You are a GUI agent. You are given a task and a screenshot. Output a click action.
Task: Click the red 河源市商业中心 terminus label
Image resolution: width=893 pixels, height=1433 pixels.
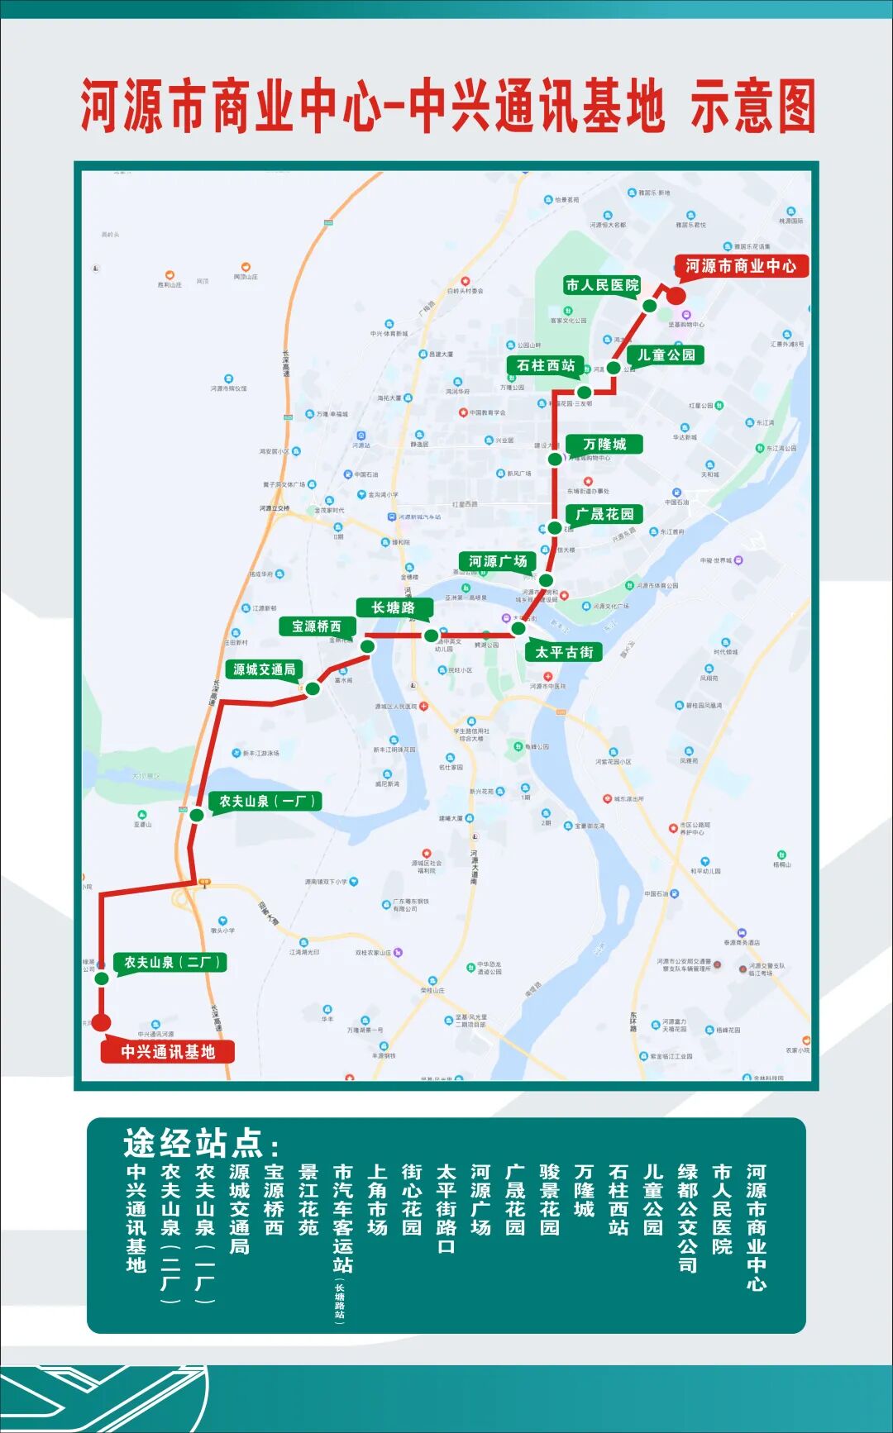pyautogui.click(x=741, y=266)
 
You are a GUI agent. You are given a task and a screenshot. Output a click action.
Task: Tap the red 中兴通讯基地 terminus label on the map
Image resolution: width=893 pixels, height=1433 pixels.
pyautogui.click(x=168, y=1051)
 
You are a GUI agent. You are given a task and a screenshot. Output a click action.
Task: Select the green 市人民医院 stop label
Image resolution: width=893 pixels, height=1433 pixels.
pyautogui.click(x=602, y=285)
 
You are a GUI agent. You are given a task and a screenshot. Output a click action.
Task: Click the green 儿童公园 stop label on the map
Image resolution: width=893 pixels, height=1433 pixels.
pyautogui.click(x=666, y=355)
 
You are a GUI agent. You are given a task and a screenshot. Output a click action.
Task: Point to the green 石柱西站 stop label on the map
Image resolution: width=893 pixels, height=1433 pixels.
pyautogui.click(x=546, y=365)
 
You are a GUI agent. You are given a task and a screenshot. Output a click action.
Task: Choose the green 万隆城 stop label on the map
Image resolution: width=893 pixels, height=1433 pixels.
pyautogui.click(x=604, y=444)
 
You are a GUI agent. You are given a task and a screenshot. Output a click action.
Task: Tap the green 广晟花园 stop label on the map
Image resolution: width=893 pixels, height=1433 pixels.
pyautogui.click(x=604, y=514)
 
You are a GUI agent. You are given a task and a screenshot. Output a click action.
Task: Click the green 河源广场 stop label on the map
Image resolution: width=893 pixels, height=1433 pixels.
pyautogui.click(x=498, y=561)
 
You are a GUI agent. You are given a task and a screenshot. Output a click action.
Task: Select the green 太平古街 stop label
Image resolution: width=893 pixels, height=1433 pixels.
pyautogui.click(x=564, y=652)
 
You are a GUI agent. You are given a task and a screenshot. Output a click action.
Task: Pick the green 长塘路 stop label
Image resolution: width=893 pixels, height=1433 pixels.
pyautogui.click(x=393, y=607)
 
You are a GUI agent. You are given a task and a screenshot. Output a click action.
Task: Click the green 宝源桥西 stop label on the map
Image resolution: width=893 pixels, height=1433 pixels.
pyautogui.click(x=316, y=626)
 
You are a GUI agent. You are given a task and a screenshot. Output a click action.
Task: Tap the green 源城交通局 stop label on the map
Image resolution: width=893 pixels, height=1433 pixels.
pyautogui.click(x=264, y=669)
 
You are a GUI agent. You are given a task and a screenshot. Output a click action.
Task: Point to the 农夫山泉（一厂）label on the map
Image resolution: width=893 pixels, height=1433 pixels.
pyautogui.click(x=266, y=801)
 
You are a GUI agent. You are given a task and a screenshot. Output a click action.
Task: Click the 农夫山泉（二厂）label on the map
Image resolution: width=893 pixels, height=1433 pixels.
pyautogui.click(x=171, y=962)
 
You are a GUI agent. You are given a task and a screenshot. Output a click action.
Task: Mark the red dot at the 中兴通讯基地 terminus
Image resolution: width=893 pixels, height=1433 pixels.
pyautogui.click(x=101, y=1022)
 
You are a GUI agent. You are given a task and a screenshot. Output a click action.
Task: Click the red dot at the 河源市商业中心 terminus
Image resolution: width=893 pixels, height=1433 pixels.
pyautogui.click(x=676, y=297)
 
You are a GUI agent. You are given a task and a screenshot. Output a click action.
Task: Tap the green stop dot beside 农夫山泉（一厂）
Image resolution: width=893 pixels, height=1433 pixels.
pyautogui.click(x=197, y=815)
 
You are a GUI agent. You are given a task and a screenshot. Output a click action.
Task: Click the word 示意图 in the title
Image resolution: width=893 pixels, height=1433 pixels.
pyautogui.click(x=752, y=107)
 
